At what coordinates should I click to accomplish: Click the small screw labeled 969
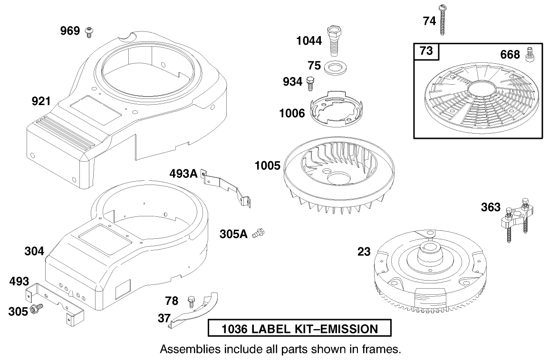click(88, 32)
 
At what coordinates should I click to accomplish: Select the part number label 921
click(41, 101)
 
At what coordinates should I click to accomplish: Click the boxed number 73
click(426, 51)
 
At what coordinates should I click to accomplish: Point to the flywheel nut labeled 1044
click(333, 39)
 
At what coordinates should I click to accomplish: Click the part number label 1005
click(267, 166)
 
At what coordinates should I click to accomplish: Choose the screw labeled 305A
click(259, 233)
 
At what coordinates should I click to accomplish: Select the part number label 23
click(364, 252)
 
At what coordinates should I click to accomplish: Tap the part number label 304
click(34, 251)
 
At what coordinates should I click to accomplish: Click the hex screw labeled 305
click(35, 310)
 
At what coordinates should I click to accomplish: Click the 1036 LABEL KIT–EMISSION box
click(299, 329)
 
